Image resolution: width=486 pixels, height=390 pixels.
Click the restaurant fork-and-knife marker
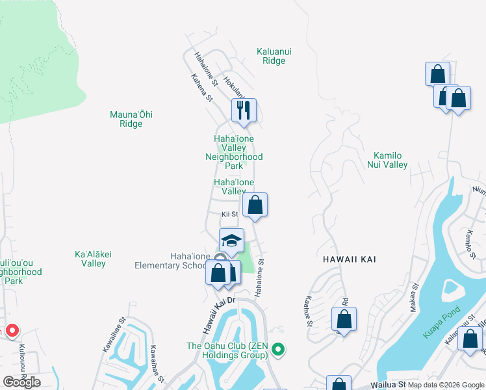tap(244, 110)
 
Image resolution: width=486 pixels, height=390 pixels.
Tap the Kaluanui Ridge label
tap(271, 55)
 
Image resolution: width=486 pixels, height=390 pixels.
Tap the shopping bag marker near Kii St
tap(255, 205)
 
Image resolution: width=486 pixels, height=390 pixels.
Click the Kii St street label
tap(230, 214)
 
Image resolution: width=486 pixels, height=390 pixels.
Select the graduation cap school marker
tap(231, 240)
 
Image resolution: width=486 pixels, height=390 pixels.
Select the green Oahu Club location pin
tap(278, 350)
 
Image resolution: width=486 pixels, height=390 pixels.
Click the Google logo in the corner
tap(21, 382)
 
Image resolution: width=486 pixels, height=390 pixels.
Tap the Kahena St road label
tap(202, 87)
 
